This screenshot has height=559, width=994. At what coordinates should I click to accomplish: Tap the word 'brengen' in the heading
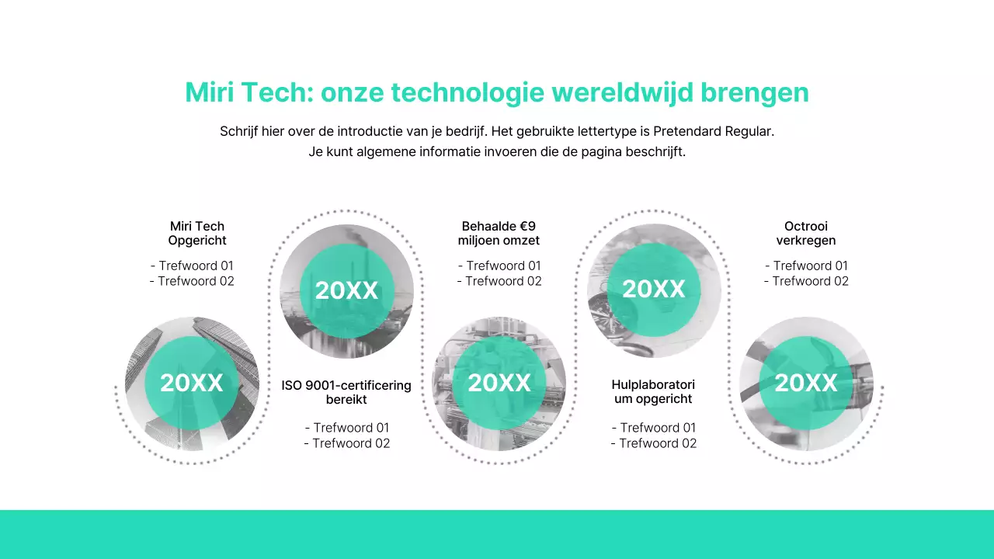click(x=755, y=92)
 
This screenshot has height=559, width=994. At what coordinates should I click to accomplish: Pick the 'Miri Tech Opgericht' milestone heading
click(x=197, y=234)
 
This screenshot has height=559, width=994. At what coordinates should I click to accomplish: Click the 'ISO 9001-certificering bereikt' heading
click(x=346, y=392)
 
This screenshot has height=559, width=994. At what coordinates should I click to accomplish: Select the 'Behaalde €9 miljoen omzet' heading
click(x=499, y=234)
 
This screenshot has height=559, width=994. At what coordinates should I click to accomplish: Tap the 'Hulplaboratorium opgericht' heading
click(x=653, y=392)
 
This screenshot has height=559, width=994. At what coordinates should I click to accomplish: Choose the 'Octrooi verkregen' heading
click(x=806, y=234)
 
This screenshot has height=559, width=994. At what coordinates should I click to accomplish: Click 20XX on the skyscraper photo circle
click(x=192, y=383)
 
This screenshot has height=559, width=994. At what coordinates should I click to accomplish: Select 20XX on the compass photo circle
click(x=654, y=289)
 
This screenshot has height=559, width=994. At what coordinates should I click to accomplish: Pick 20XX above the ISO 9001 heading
click(x=346, y=290)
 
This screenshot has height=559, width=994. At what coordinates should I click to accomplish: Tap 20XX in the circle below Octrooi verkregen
click(x=806, y=383)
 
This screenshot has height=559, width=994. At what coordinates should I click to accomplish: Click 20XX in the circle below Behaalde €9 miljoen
click(x=499, y=383)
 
